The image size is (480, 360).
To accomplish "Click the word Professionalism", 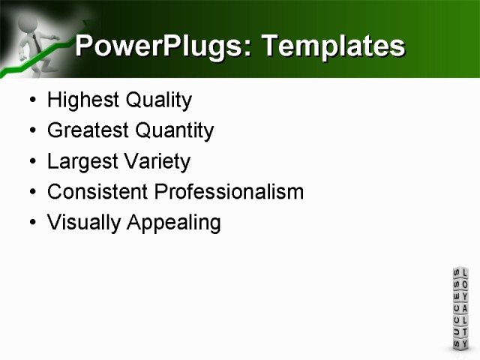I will point(229,192).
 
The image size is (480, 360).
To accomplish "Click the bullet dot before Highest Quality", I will point(31,100).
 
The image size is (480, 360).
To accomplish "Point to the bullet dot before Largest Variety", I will point(31,162).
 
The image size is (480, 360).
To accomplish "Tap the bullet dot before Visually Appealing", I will point(31,223).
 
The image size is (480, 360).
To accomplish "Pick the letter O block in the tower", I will point(465,285).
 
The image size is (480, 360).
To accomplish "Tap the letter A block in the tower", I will point(465,309).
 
